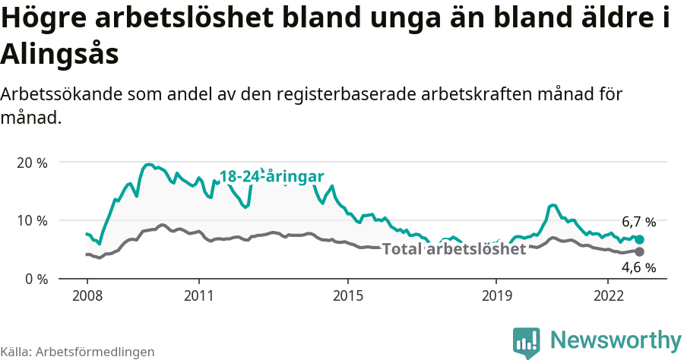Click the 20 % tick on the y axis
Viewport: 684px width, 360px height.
[32, 163]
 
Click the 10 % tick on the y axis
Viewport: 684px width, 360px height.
[32, 220]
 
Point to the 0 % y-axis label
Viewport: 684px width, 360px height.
[35, 279]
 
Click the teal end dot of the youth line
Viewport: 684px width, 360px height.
[639, 239]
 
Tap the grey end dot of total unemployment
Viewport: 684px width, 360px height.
[639, 251]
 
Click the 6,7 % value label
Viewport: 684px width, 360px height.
[638, 223]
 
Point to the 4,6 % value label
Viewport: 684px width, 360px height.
[638, 267]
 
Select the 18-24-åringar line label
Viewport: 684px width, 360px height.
[272, 177]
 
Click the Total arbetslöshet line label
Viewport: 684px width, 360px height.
[454, 249]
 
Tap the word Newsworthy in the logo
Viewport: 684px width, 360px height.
[616, 339]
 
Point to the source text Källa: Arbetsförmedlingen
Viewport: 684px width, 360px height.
[78, 352]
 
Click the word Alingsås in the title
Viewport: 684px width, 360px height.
[60, 55]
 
